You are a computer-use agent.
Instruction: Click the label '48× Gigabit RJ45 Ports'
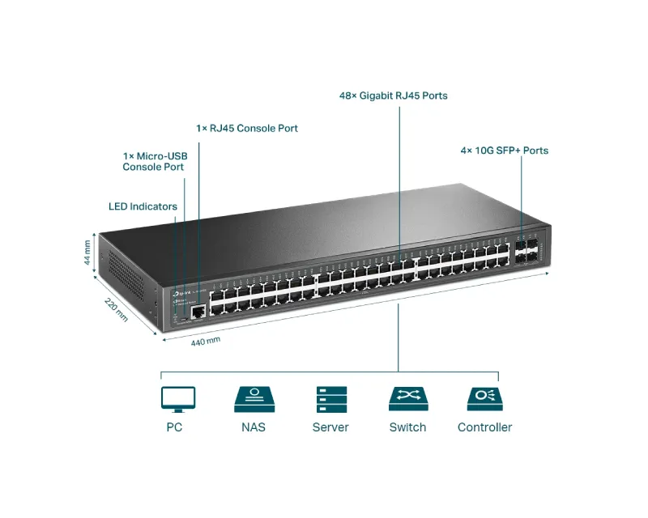tap(393, 96)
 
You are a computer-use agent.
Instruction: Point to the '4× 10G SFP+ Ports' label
tap(505, 151)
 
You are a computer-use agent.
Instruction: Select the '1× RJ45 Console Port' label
tap(247, 128)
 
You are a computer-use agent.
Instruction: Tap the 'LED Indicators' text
tap(143, 206)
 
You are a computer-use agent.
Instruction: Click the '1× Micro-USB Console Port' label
tap(154, 161)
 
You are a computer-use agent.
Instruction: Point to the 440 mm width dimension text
tap(205, 341)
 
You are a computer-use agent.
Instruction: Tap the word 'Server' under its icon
tap(330, 427)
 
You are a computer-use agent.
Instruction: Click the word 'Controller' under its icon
tap(484, 427)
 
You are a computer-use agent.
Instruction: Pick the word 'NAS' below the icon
tap(254, 427)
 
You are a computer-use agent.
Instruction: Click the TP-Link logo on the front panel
tap(180, 292)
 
